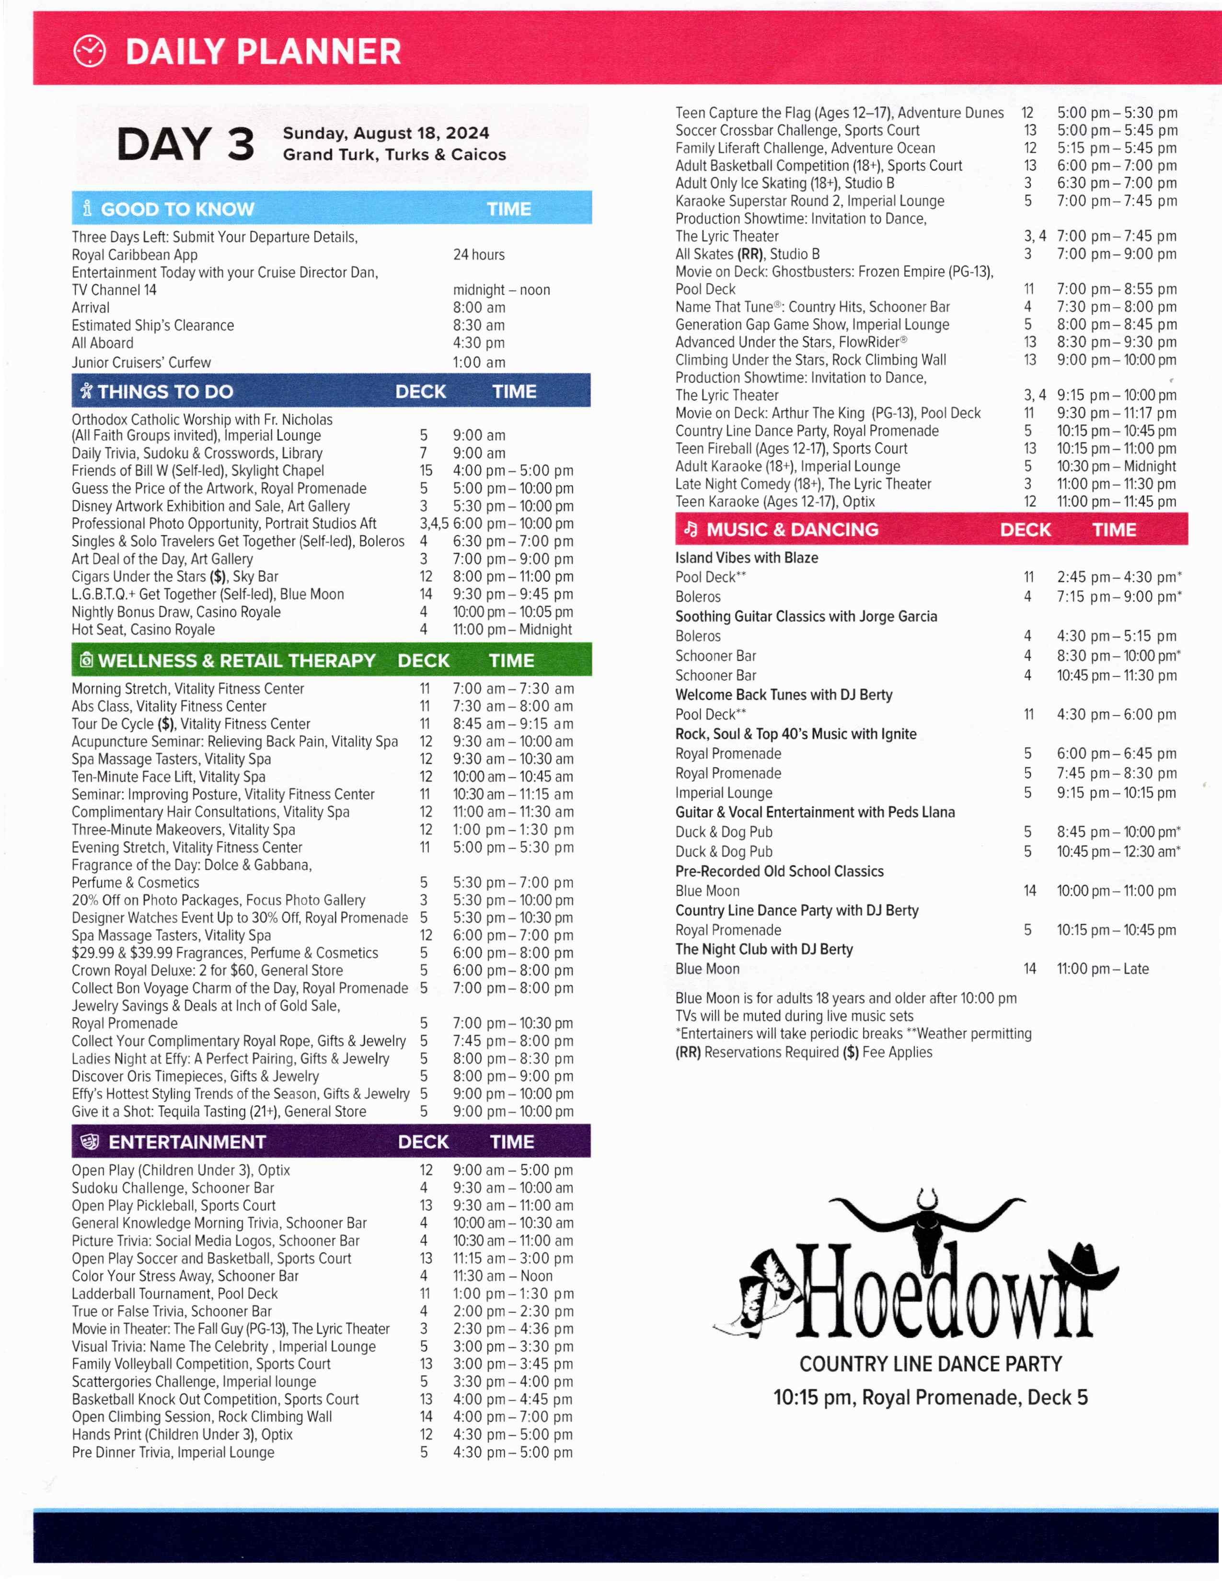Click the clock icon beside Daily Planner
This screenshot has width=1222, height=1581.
pyautogui.click(x=90, y=51)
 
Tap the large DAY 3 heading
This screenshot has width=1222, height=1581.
pyautogui.click(x=185, y=144)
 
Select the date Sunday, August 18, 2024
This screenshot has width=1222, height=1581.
pyautogui.click(x=386, y=133)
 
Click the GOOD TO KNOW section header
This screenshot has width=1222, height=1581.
pyautogui.click(x=177, y=209)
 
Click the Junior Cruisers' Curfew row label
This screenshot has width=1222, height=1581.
pyautogui.click(x=141, y=362)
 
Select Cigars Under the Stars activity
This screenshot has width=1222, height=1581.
pyautogui.click(x=174, y=576)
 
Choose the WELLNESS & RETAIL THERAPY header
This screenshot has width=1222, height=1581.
pyautogui.click(x=237, y=660)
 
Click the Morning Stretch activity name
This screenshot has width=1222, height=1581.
pyautogui.click(x=187, y=688)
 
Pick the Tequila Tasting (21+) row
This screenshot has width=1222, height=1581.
pyautogui.click(x=219, y=1111)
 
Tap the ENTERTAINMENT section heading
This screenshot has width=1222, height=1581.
pyautogui.click(x=187, y=1142)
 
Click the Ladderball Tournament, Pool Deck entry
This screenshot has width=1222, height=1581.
pyautogui.click(x=174, y=1293)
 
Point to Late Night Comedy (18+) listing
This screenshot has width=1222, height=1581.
pyautogui.click(x=803, y=483)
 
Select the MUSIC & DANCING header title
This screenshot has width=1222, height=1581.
pyautogui.click(x=792, y=529)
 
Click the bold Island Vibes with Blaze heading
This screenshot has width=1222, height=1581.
pyautogui.click(x=746, y=557)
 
